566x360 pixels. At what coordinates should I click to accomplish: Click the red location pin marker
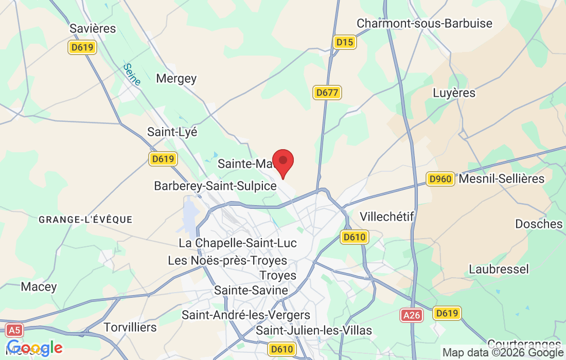pyautogui.click(x=282, y=163)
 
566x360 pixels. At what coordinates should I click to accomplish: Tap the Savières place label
pyautogui.click(x=93, y=28)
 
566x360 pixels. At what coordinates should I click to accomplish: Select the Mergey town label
pyautogui.click(x=176, y=79)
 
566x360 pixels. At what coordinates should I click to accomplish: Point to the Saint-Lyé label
pyautogui.click(x=172, y=132)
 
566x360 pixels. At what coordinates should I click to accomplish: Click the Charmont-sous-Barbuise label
pyautogui.click(x=424, y=24)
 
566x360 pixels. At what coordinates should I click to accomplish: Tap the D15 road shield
pyautogui.click(x=344, y=42)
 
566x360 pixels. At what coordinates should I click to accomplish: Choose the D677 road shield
pyautogui.click(x=327, y=93)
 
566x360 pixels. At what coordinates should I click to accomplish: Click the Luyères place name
pyautogui.click(x=454, y=93)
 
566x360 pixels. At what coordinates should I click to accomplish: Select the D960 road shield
pyautogui.click(x=440, y=179)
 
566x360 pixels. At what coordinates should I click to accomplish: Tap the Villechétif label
pyautogui.click(x=387, y=217)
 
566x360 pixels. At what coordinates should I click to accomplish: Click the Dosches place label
pyautogui.click(x=539, y=224)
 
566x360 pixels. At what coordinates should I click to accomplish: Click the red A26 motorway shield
pyautogui.click(x=412, y=315)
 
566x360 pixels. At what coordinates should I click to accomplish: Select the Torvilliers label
pyautogui.click(x=130, y=327)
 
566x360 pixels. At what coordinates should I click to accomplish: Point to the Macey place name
pyautogui.click(x=39, y=286)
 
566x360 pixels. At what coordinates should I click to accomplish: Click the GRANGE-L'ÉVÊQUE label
pyautogui.click(x=85, y=220)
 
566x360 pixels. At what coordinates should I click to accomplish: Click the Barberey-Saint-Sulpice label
pyautogui.click(x=216, y=186)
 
